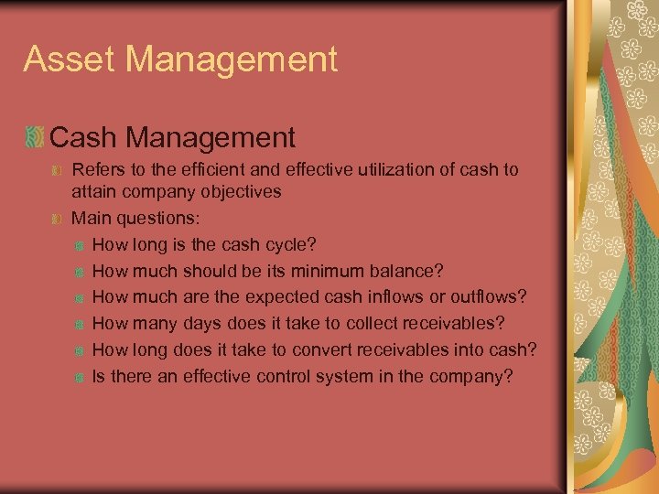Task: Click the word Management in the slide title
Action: pyautogui.click(x=232, y=59)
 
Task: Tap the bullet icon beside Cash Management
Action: pyautogui.click(x=35, y=138)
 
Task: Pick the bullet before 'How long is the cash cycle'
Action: pyautogui.click(x=81, y=245)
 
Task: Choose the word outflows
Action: pyautogui.click(x=491, y=297)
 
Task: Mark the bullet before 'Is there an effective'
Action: pyautogui.click(x=81, y=377)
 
